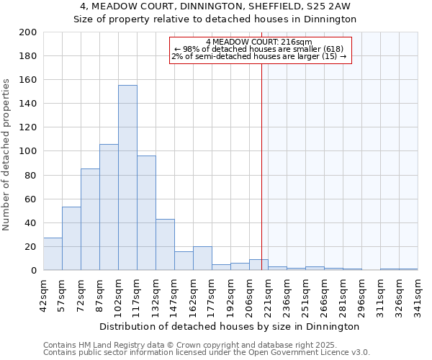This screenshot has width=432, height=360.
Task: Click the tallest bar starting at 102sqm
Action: pyautogui.click(x=127, y=178)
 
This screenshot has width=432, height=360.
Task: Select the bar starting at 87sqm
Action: pyautogui.click(x=109, y=207)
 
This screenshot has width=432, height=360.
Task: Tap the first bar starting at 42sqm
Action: pyautogui.click(x=53, y=254)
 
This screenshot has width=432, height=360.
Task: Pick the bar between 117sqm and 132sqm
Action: pyautogui.click(x=146, y=213)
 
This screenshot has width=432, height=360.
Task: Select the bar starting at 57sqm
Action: pyautogui.click(x=71, y=238)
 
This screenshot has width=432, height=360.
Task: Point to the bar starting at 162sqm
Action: pyautogui.click(x=202, y=258)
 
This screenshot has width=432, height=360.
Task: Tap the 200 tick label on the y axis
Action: pyautogui.click(x=28, y=32)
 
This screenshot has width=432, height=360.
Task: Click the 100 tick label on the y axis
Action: pyautogui.click(x=28, y=151)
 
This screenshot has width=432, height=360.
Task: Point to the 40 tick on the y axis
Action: pyautogui.click(x=31, y=222)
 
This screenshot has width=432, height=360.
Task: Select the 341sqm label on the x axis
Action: pyautogui.click(x=418, y=294)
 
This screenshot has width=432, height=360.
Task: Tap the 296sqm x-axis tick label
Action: pyautogui.click(x=361, y=294)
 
